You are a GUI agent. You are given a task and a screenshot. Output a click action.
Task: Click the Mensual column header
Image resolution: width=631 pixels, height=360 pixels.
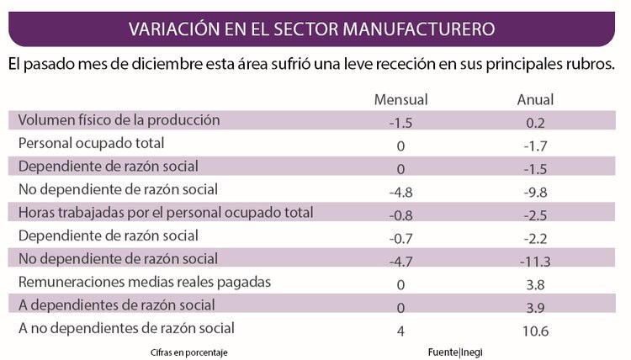click(x=400, y=100)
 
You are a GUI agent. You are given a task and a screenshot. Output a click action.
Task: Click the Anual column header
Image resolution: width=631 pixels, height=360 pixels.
click(x=535, y=100)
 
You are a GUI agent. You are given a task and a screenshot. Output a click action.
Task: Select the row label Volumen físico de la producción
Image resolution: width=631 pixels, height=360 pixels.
click(x=119, y=119)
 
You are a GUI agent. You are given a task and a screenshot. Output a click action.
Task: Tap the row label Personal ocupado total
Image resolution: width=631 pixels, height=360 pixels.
click(x=91, y=143)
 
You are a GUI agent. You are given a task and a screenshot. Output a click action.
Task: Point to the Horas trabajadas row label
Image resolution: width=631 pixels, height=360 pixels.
click(x=166, y=213)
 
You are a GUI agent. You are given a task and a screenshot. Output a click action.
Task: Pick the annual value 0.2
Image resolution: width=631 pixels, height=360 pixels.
click(x=535, y=123)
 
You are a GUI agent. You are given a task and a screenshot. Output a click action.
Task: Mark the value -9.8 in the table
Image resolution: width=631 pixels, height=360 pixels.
click(x=535, y=192)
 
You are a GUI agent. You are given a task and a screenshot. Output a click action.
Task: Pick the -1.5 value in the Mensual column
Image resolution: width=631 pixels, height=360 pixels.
click(x=400, y=123)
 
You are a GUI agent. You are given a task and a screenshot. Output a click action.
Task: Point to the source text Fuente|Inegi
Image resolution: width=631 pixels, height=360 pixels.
click(x=454, y=351)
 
